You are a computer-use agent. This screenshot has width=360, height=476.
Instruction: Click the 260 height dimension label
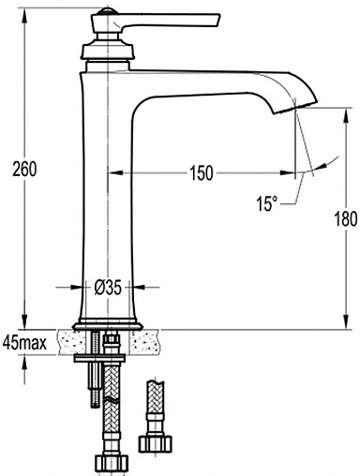pyautogui.click(x=24, y=169)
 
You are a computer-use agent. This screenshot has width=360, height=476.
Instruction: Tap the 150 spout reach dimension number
pyautogui.click(x=202, y=172)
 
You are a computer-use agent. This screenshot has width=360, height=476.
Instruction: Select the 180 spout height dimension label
pyautogui.click(x=346, y=218)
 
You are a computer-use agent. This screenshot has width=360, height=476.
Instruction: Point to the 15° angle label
pyautogui.click(x=267, y=203)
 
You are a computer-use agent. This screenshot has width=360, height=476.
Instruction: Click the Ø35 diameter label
pyautogui.click(x=108, y=287)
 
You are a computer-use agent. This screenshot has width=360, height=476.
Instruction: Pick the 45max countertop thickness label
pyautogui.click(x=24, y=343)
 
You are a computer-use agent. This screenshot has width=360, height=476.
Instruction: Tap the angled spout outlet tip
pyautogui.click(x=294, y=107)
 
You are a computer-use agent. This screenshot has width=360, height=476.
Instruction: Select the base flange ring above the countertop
pyautogui.click(x=108, y=326)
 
